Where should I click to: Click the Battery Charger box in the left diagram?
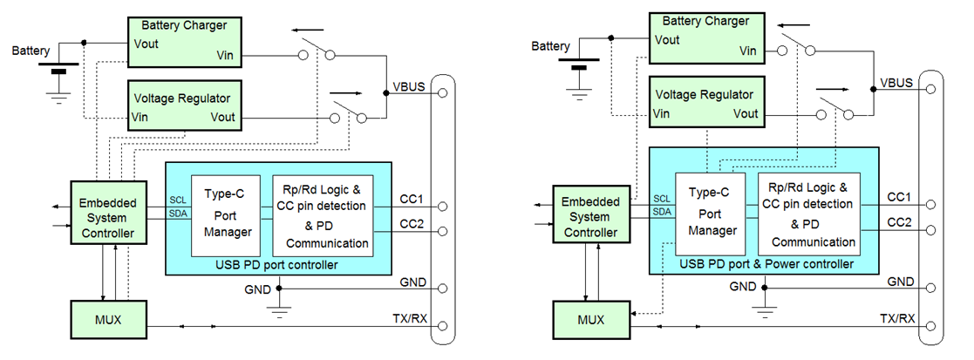185,40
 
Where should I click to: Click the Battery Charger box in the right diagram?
705,37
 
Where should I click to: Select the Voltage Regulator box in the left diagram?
185,104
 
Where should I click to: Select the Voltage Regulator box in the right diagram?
705,104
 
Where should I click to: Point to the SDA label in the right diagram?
662,212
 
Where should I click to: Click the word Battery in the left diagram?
31,51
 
